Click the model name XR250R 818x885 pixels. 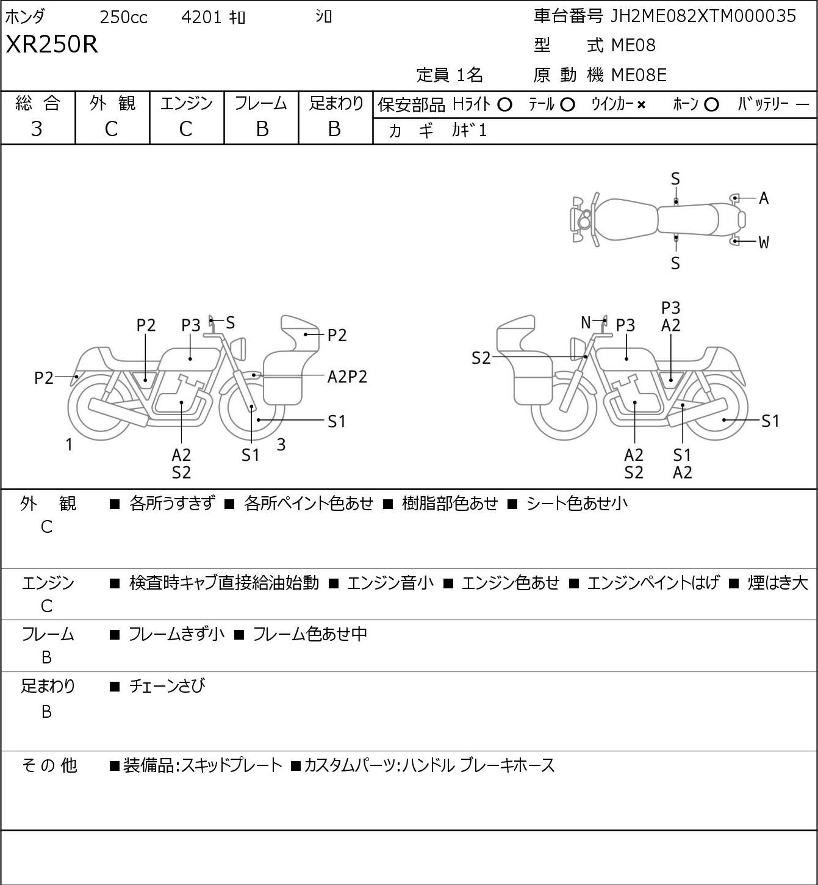pos(52,44)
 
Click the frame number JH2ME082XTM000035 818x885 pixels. pos(703,16)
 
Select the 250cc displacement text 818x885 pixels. pos(123,17)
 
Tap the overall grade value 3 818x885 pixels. pos(37,129)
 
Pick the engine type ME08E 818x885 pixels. pos(639,75)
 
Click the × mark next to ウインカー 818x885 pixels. pos(641,105)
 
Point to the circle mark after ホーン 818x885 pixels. pos(711,105)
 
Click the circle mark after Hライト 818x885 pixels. pos(504,105)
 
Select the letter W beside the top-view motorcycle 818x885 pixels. pos(764,242)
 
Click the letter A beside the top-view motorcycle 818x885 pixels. pos(764,198)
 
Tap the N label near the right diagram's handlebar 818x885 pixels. pos(586,322)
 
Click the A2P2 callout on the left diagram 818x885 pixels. pos(347,377)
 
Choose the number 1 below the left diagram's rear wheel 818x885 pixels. pos(69,444)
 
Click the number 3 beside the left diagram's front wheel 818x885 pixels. pos(281,444)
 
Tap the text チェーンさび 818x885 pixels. pos(167,686)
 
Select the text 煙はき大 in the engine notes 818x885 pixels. pos(778,583)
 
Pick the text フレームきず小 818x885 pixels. pos(176,634)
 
